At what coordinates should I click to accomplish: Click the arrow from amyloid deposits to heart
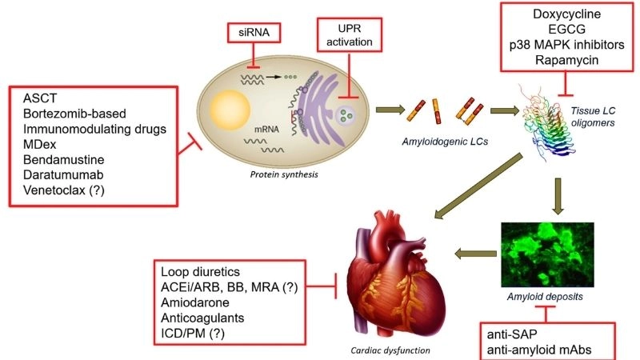[x=475, y=254]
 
